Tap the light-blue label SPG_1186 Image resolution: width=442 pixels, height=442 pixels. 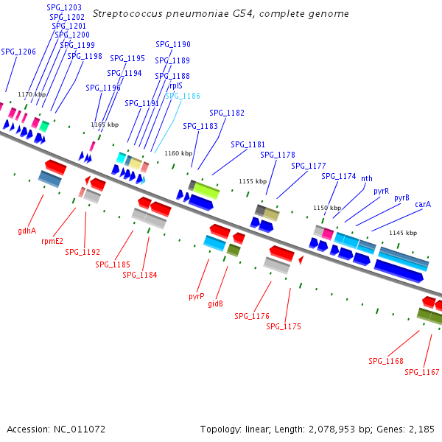182,96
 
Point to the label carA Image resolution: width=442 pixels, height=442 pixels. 423,204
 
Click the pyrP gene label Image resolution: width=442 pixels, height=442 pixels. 196,296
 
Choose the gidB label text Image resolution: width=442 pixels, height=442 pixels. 215,304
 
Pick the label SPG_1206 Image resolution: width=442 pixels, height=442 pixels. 18,52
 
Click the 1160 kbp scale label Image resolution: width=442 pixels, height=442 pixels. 178,153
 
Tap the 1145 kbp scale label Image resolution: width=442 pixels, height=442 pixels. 403,233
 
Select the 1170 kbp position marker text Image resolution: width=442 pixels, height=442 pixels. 32,94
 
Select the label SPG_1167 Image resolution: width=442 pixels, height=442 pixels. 421,372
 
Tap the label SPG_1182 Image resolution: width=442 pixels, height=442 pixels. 227,113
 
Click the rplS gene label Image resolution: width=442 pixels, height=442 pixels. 176,85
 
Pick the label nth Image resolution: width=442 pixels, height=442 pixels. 367,178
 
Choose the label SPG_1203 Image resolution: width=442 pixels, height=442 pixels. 64,7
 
